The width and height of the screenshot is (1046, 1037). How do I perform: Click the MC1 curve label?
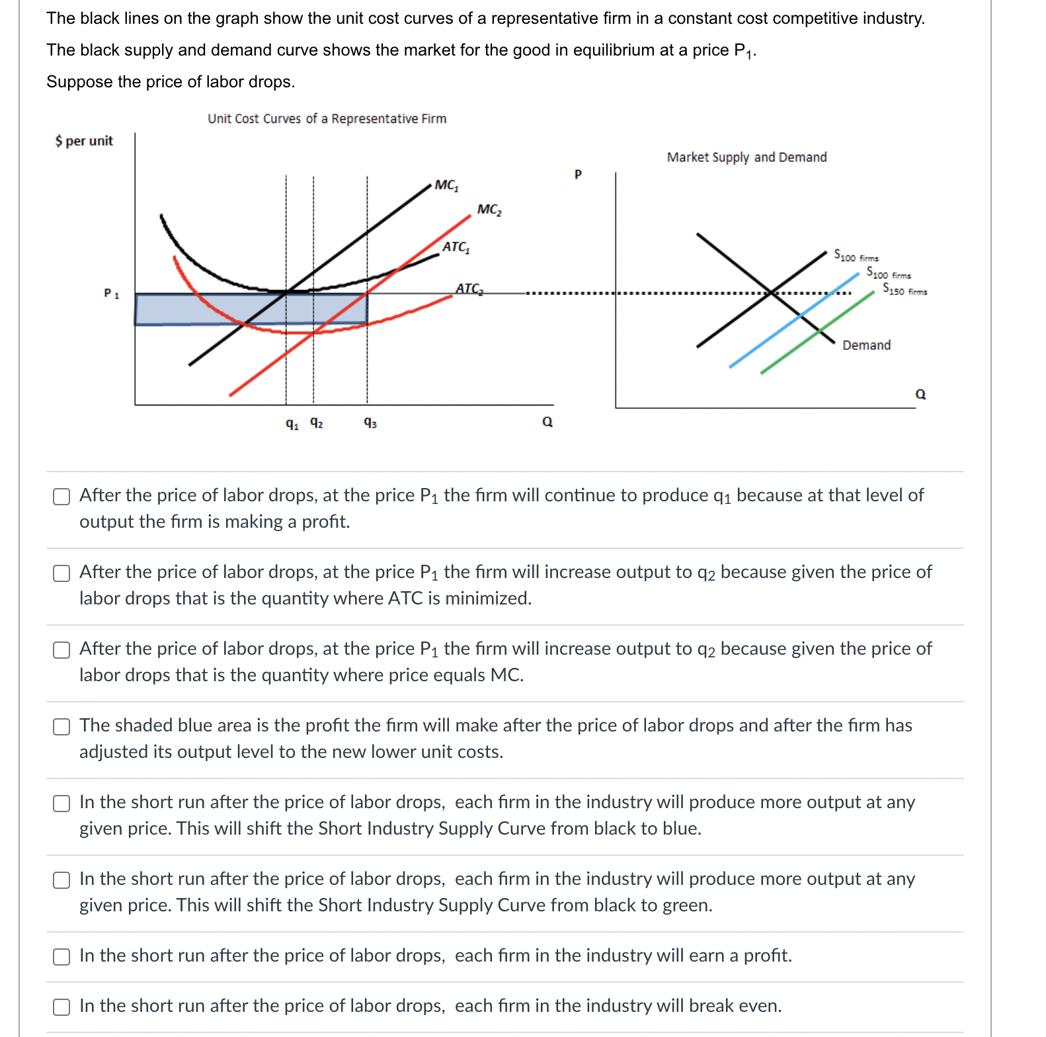click(x=446, y=185)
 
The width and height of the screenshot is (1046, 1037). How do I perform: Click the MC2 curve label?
click(x=489, y=210)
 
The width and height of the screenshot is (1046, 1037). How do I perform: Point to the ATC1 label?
click(x=456, y=247)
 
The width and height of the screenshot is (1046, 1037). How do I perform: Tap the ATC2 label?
click(x=469, y=289)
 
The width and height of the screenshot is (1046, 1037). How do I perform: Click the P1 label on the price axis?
click(x=111, y=293)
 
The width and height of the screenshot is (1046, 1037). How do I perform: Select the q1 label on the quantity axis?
click(x=292, y=423)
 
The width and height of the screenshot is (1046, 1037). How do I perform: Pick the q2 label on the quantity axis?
click(x=317, y=423)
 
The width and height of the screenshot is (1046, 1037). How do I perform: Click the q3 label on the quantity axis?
click(x=370, y=423)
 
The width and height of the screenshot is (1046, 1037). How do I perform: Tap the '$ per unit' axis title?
click(x=84, y=141)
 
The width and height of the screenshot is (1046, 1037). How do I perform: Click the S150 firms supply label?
click(x=905, y=289)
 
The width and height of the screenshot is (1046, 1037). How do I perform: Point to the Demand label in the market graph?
click(x=866, y=345)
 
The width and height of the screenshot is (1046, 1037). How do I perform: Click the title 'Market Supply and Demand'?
click(x=746, y=157)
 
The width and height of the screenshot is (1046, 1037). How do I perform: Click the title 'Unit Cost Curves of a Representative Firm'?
click(x=327, y=119)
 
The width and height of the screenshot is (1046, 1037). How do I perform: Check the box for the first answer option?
click(x=61, y=497)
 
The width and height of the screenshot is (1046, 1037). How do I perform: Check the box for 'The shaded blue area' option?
click(x=61, y=727)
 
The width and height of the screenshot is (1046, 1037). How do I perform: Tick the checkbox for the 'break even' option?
click(x=61, y=1007)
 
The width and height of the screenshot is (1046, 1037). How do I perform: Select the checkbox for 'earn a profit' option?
click(x=61, y=957)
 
